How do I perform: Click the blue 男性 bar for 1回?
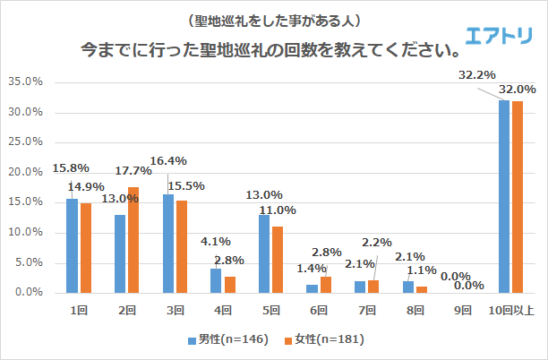pos(72,245)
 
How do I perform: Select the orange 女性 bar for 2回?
pos(134,240)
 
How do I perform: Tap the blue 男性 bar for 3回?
pos(168,244)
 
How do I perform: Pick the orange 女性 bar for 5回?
pos(278,260)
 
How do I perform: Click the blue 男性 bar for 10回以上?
pos(503,196)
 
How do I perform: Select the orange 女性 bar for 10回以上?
pos(517,197)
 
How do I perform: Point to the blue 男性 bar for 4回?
pos(216,280)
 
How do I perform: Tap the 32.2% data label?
pos(476,75)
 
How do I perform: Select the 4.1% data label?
pos(213,240)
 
